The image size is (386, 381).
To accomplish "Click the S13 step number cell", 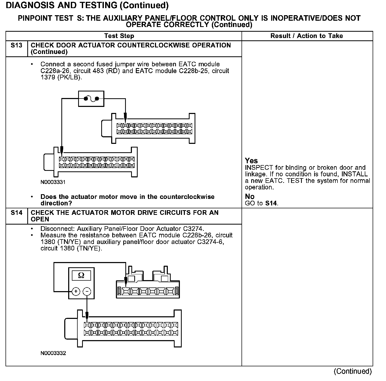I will [x=16, y=46].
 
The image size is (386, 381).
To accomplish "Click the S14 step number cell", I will [x=16, y=213].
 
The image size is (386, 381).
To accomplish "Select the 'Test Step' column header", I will [x=119, y=36].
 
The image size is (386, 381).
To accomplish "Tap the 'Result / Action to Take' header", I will [x=307, y=36].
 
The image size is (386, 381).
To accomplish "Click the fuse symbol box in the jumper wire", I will [x=91, y=99].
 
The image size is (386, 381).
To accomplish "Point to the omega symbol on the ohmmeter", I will [x=81, y=275].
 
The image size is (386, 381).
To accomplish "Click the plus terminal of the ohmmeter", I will [x=76, y=291].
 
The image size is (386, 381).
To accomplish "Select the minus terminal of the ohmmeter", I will [x=87, y=291].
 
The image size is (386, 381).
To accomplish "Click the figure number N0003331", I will [x=53, y=182].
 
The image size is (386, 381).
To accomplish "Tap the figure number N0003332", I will [x=53, y=353].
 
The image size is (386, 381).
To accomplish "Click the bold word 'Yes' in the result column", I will [x=251, y=161].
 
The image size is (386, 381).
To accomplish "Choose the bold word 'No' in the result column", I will [x=250, y=197].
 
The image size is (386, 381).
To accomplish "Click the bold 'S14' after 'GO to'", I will [x=271, y=203].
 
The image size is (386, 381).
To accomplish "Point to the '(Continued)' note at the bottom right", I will [x=353, y=371].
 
